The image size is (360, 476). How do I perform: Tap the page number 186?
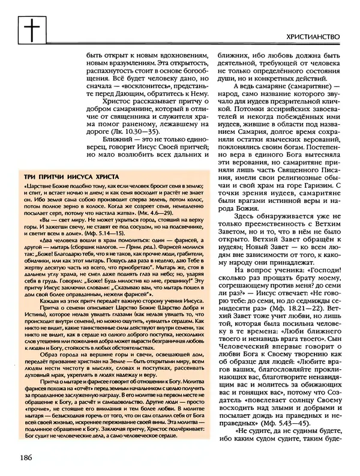(x=26, y=458)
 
